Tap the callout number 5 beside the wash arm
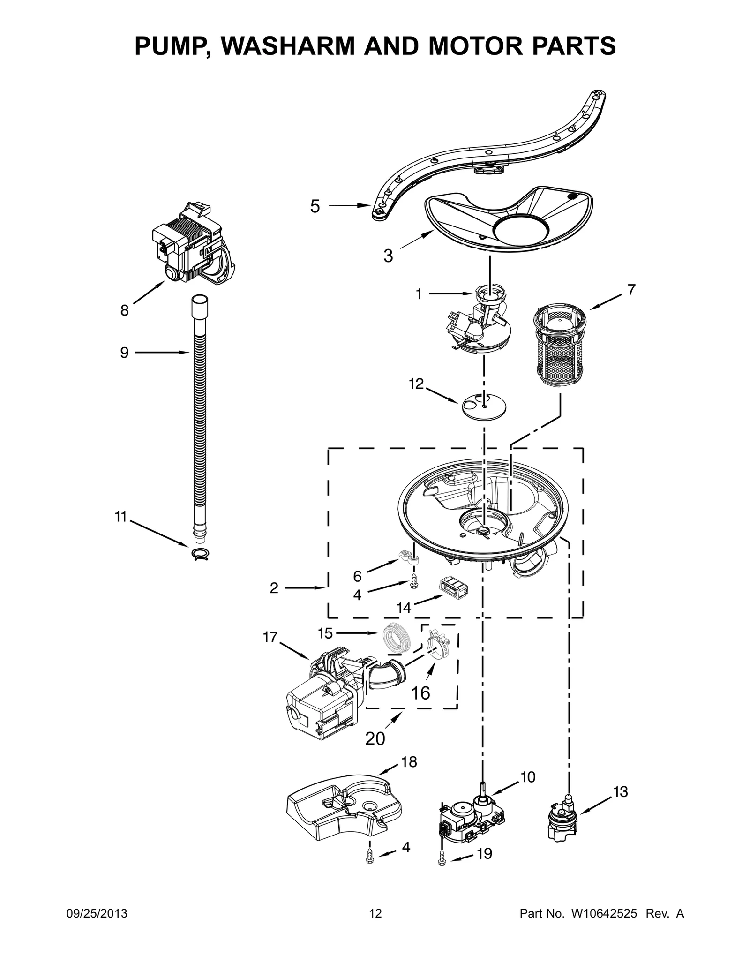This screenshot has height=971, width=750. coord(315,206)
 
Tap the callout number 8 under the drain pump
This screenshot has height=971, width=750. coord(124,310)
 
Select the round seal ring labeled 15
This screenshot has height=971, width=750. coord(397,639)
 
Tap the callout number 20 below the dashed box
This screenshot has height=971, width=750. coord(375,738)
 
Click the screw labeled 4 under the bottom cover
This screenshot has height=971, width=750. coord(370,858)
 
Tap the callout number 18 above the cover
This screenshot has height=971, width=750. coord(409,762)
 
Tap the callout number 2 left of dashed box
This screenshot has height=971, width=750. coord(274,587)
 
